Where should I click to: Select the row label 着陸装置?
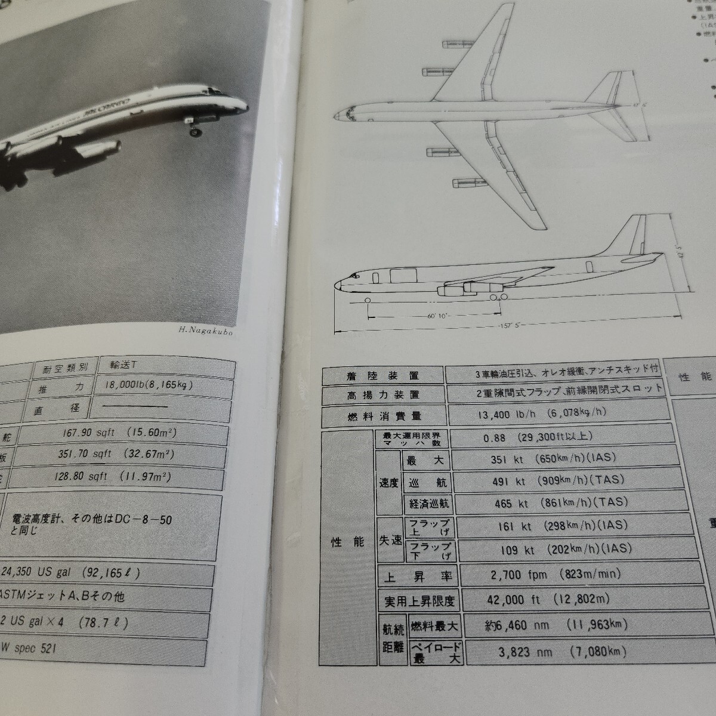pyautogui.click(x=382, y=375)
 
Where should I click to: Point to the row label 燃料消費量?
pyautogui.click(x=382, y=415)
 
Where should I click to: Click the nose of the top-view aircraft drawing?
pyautogui.click(x=335, y=113)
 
